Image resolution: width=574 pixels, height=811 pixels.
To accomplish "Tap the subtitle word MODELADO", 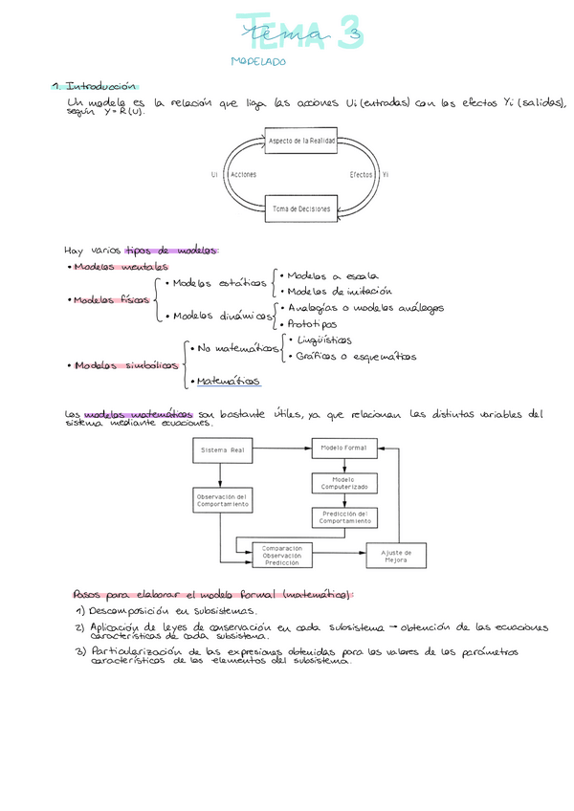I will point(258,61).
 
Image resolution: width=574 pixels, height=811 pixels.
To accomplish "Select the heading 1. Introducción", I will point(96,85).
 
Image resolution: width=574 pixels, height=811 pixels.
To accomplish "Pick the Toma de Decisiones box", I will point(300,208).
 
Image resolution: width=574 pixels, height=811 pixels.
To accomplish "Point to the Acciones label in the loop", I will point(243,175).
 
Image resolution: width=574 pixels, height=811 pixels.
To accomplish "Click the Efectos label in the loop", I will point(361,175).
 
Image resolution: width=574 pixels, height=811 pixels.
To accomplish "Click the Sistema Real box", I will point(221,449).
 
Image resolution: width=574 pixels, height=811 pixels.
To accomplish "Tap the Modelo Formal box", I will point(344,448).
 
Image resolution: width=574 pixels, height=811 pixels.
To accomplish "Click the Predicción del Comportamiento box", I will point(343,517).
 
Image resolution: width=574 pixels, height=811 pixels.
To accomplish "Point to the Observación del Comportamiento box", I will point(222,500).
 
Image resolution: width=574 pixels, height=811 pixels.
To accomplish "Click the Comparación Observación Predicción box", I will point(281,556).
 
